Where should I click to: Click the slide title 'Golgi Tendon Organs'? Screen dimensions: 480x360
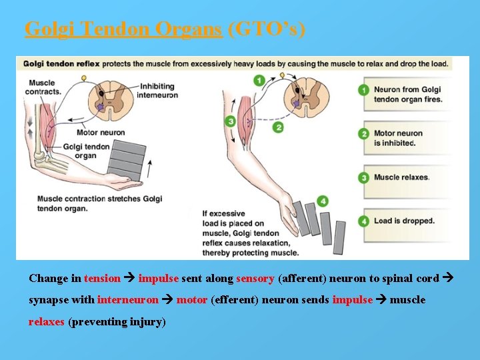pos(123,29)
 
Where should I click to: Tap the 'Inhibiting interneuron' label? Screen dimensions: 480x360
pos(157,91)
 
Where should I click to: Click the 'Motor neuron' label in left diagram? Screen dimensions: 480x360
pos(101,133)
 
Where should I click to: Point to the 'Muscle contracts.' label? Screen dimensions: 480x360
pos(44,87)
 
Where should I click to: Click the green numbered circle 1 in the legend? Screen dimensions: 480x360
pos(363,89)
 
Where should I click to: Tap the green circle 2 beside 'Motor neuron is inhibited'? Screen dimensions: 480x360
pos(363,134)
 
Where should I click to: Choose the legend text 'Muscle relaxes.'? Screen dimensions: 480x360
pos(401,177)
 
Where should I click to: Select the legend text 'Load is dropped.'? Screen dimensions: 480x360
pos(404,221)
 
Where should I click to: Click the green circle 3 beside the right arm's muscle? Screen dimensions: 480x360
pos(231,121)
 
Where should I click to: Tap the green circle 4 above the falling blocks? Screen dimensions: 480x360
pos(323,201)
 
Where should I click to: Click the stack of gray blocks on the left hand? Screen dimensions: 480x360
pos(127,161)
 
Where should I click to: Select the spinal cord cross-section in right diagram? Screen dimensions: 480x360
pos(307,97)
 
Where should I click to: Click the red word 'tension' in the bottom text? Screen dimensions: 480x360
pos(102,279)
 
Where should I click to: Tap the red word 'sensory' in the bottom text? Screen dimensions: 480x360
pos(255,279)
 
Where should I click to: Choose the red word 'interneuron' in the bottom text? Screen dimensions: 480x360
pos(128,300)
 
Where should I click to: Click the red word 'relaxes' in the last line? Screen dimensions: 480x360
pos(47,322)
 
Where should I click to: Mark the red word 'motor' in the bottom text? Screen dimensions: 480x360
pos(192,300)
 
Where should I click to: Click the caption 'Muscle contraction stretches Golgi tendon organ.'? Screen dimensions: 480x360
pos(99,203)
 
